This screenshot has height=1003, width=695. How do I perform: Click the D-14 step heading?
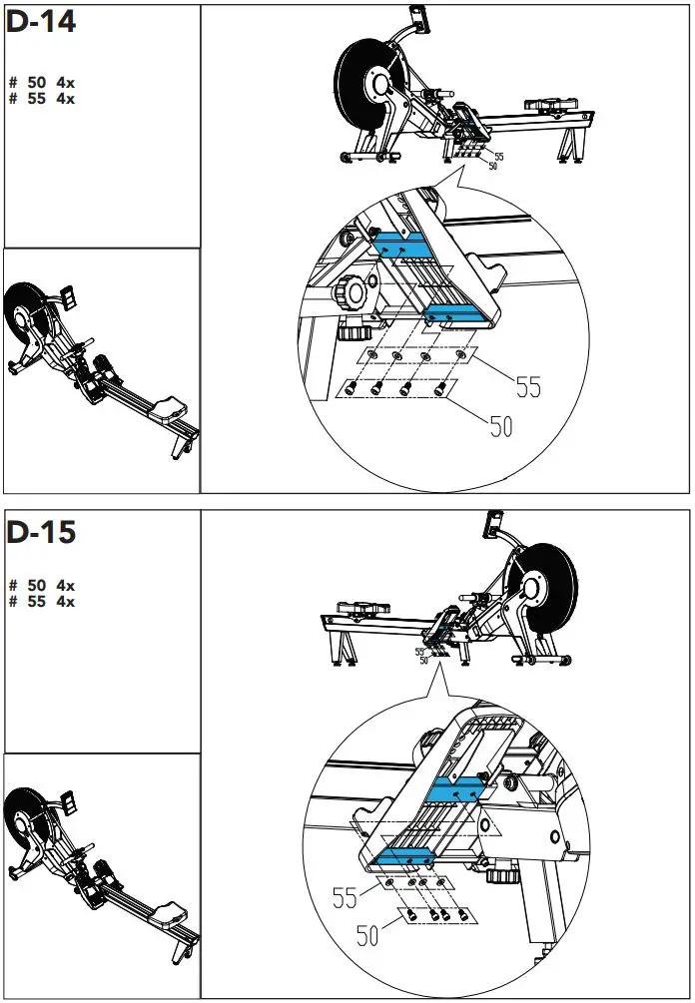(41, 22)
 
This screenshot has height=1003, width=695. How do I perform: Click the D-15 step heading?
(41, 532)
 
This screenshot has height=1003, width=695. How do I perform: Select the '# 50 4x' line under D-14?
(41, 82)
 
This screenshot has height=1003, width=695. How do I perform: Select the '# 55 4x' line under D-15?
(41, 601)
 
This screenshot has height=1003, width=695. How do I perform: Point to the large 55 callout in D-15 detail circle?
(346, 898)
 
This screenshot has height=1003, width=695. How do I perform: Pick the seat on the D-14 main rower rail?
(545, 104)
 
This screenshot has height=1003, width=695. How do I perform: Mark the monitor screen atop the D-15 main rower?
(493, 521)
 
